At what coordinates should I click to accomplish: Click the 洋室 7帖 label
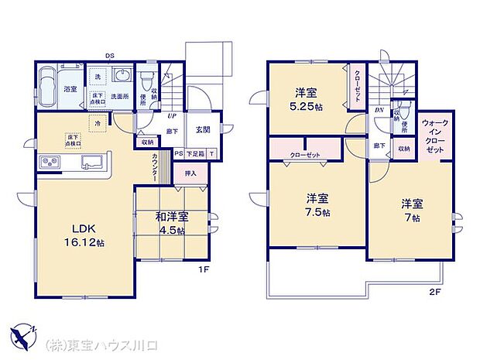click(x=410, y=211)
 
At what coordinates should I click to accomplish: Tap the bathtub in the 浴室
click(x=49, y=82)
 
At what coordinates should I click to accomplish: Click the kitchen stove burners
click(x=50, y=163)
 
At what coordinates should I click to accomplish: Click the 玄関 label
click(x=204, y=129)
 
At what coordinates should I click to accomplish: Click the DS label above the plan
click(x=110, y=56)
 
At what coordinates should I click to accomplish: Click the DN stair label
click(x=379, y=110)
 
